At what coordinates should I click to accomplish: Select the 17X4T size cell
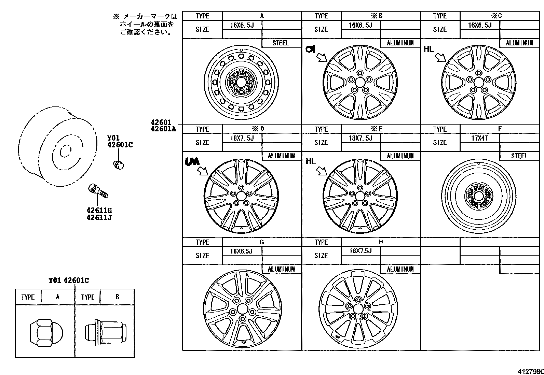(x=479, y=138)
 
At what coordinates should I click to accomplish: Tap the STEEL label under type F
(x=519, y=156)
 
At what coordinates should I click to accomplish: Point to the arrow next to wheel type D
(x=203, y=170)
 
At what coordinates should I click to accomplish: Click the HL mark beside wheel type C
(x=429, y=49)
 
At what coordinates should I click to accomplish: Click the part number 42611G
(x=99, y=210)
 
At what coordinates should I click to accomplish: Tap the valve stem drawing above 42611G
(x=98, y=190)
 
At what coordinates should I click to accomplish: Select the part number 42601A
(x=163, y=129)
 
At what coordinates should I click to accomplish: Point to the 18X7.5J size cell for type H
(x=360, y=251)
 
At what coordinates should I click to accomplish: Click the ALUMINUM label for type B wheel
(x=400, y=43)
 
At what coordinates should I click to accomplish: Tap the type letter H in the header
(x=380, y=242)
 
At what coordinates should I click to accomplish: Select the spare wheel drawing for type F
(x=479, y=196)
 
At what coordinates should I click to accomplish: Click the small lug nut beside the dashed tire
(x=118, y=164)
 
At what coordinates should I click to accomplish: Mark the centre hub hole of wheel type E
(x=360, y=196)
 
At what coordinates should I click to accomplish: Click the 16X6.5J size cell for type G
(x=241, y=251)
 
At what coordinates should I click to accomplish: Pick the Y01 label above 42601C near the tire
(x=113, y=138)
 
